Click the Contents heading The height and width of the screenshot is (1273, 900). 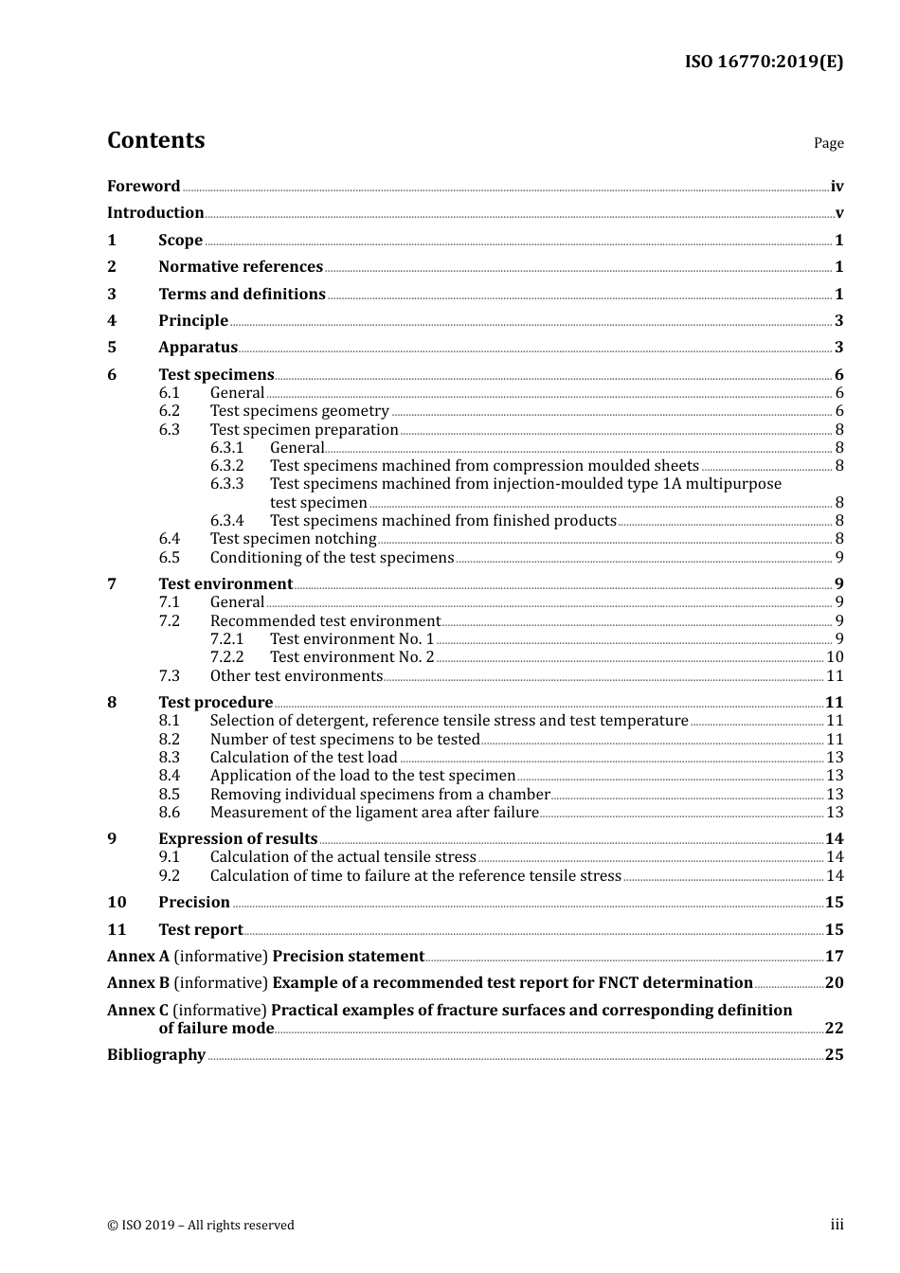coord(155,140)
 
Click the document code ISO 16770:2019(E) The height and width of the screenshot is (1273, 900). coord(764,63)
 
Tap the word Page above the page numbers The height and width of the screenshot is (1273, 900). coord(828,143)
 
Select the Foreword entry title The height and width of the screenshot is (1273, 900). coord(143,187)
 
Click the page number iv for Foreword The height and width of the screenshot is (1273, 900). coord(837,187)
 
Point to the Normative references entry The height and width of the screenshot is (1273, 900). coord(241,267)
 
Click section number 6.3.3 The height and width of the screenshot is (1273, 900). coord(226,484)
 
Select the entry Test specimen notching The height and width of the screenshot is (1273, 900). coord(293,539)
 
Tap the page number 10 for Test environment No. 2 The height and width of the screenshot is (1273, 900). coord(835,657)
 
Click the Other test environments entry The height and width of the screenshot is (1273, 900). coord(296,676)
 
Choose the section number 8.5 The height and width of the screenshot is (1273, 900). coord(169,795)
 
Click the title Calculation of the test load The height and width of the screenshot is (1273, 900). coord(303,758)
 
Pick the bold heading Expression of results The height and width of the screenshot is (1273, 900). coord(238,839)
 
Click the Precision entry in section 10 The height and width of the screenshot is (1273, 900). coord(194,903)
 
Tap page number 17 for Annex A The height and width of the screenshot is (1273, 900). coord(834,957)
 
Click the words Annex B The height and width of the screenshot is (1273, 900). coord(138,983)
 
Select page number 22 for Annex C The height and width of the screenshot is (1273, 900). coord(834,1029)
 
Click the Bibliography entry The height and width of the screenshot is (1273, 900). coord(156,1055)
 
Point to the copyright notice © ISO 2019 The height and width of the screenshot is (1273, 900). coord(201,1226)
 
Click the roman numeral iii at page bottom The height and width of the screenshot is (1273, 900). coord(837,1225)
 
